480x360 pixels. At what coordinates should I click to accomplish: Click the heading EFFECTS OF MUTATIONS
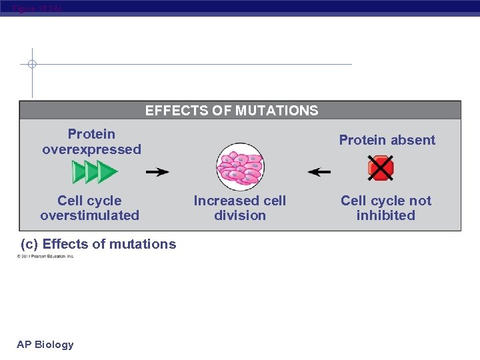pos(231,111)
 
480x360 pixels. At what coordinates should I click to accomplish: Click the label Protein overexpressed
pos(92,142)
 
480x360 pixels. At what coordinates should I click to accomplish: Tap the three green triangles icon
pos(95,172)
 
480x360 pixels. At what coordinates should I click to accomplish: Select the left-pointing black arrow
pos(319,172)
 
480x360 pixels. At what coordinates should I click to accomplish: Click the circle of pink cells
pos(240,167)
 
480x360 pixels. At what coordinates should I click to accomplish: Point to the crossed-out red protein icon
pos(381,168)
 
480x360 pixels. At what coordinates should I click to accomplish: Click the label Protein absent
pos(387,140)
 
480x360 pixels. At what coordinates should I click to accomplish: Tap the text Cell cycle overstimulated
pos(90,208)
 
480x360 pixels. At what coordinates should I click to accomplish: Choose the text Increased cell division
pos(240,208)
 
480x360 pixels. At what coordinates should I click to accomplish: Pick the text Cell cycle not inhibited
pos(386,208)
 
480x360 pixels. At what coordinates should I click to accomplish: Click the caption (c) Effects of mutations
pos(99,244)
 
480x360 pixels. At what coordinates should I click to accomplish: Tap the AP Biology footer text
pos(45,345)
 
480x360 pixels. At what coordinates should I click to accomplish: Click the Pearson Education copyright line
pos(46,256)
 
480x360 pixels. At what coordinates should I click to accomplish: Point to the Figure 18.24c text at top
pos(37,7)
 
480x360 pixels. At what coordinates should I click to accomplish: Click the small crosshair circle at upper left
pos(32,65)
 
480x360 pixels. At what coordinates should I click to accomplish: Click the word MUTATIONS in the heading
pos(275,111)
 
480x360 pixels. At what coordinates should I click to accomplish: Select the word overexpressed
pos(92,149)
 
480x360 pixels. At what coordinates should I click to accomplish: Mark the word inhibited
pos(386,215)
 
